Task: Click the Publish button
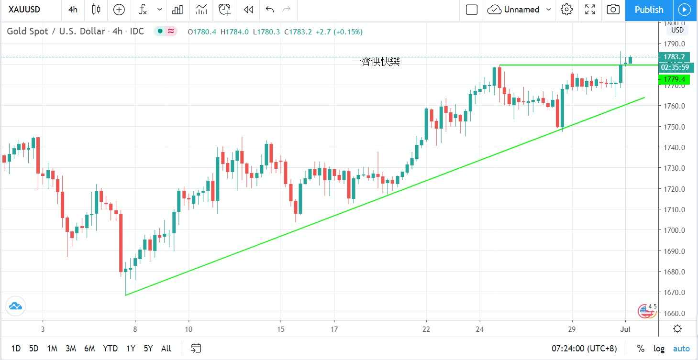pyautogui.click(x=649, y=10)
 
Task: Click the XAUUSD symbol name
pyautogui.click(x=24, y=10)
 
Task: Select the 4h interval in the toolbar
pyautogui.click(x=73, y=10)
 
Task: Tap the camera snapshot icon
pyautogui.click(x=613, y=10)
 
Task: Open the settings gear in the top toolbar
pyautogui.click(x=566, y=10)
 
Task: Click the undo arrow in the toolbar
pyautogui.click(x=270, y=10)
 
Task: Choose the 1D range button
pyautogui.click(x=16, y=349)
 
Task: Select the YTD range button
pyautogui.click(x=110, y=349)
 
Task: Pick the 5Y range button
pyautogui.click(x=148, y=349)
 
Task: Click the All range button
pyautogui.click(x=166, y=349)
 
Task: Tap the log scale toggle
pyautogui.click(x=659, y=349)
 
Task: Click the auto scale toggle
pyautogui.click(x=682, y=349)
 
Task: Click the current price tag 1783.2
pyautogui.click(x=674, y=57)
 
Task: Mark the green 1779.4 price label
pyautogui.click(x=674, y=79)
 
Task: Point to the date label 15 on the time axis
pyautogui.click(x=281, y=329)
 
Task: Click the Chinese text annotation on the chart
pyautogui.click(x=376, y=62)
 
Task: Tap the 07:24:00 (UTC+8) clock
pyautogui.click(x=588, y=349)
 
